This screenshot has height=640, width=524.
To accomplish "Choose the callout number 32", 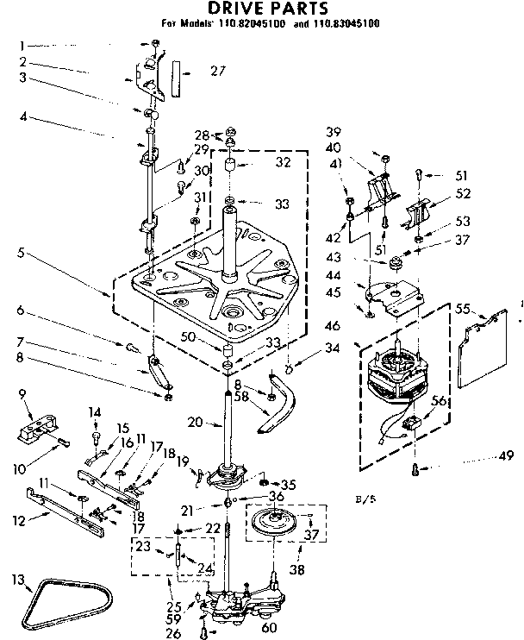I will pos(258,161).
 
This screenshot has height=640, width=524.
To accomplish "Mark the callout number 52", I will pos(463,194).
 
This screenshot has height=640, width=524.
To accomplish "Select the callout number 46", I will pos(333,327).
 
